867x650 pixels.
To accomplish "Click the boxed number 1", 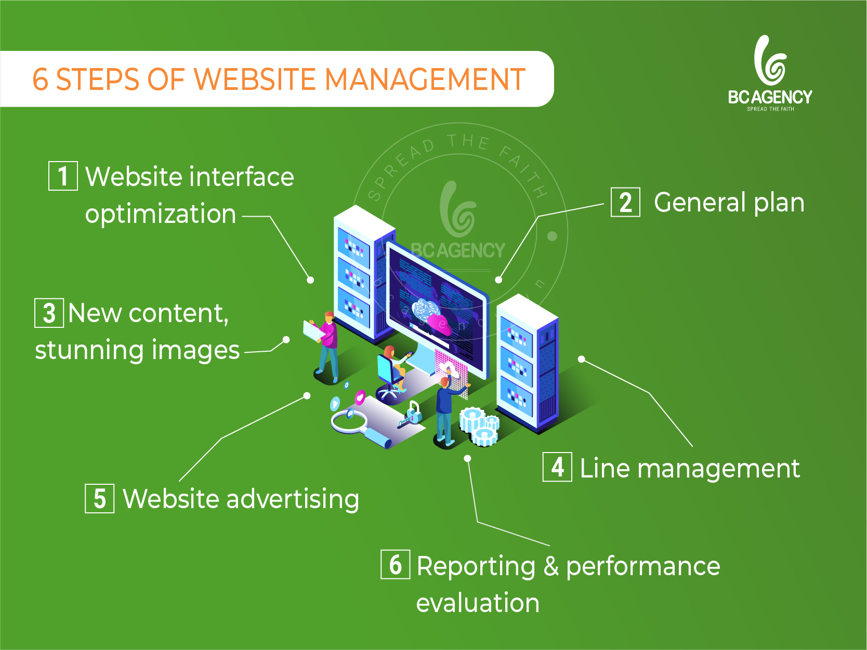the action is click(63, 176).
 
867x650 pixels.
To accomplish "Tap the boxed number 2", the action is click(625, 202).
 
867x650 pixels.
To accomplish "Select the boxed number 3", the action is click(49, 313).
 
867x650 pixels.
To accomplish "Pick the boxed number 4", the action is click(557, 467).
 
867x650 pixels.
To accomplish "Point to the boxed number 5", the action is click(99, 498).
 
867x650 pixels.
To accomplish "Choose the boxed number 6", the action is click(395, 564).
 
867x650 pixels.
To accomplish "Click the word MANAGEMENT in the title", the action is click(425, 79).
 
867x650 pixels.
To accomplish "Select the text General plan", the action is click(729, 203).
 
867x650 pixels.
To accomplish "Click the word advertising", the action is click(293, 499).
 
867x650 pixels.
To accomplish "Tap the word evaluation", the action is click(478, 603).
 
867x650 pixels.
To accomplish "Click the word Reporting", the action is click(476, 567).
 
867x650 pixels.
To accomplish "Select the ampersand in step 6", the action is click(551, 565).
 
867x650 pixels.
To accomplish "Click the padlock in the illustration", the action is click(413, 413).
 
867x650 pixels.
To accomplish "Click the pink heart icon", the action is click(360, 397).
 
